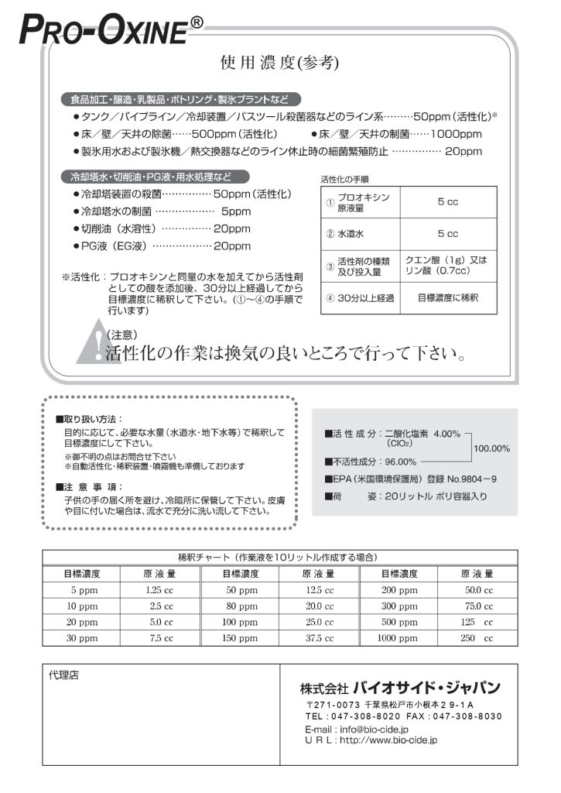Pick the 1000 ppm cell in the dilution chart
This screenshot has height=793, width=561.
pos(398,638)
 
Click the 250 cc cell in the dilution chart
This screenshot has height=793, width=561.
pos(477,638)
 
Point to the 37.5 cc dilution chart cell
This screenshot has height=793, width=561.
pos(319,638)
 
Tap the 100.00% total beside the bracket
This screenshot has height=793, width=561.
pos(491,448)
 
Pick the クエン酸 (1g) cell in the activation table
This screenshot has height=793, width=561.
pos(446,266)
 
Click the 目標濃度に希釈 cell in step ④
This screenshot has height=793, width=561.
pos(446,298)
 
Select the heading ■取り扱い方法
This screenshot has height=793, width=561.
pos(89,418)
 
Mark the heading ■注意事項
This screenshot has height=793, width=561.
pos(89,486)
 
